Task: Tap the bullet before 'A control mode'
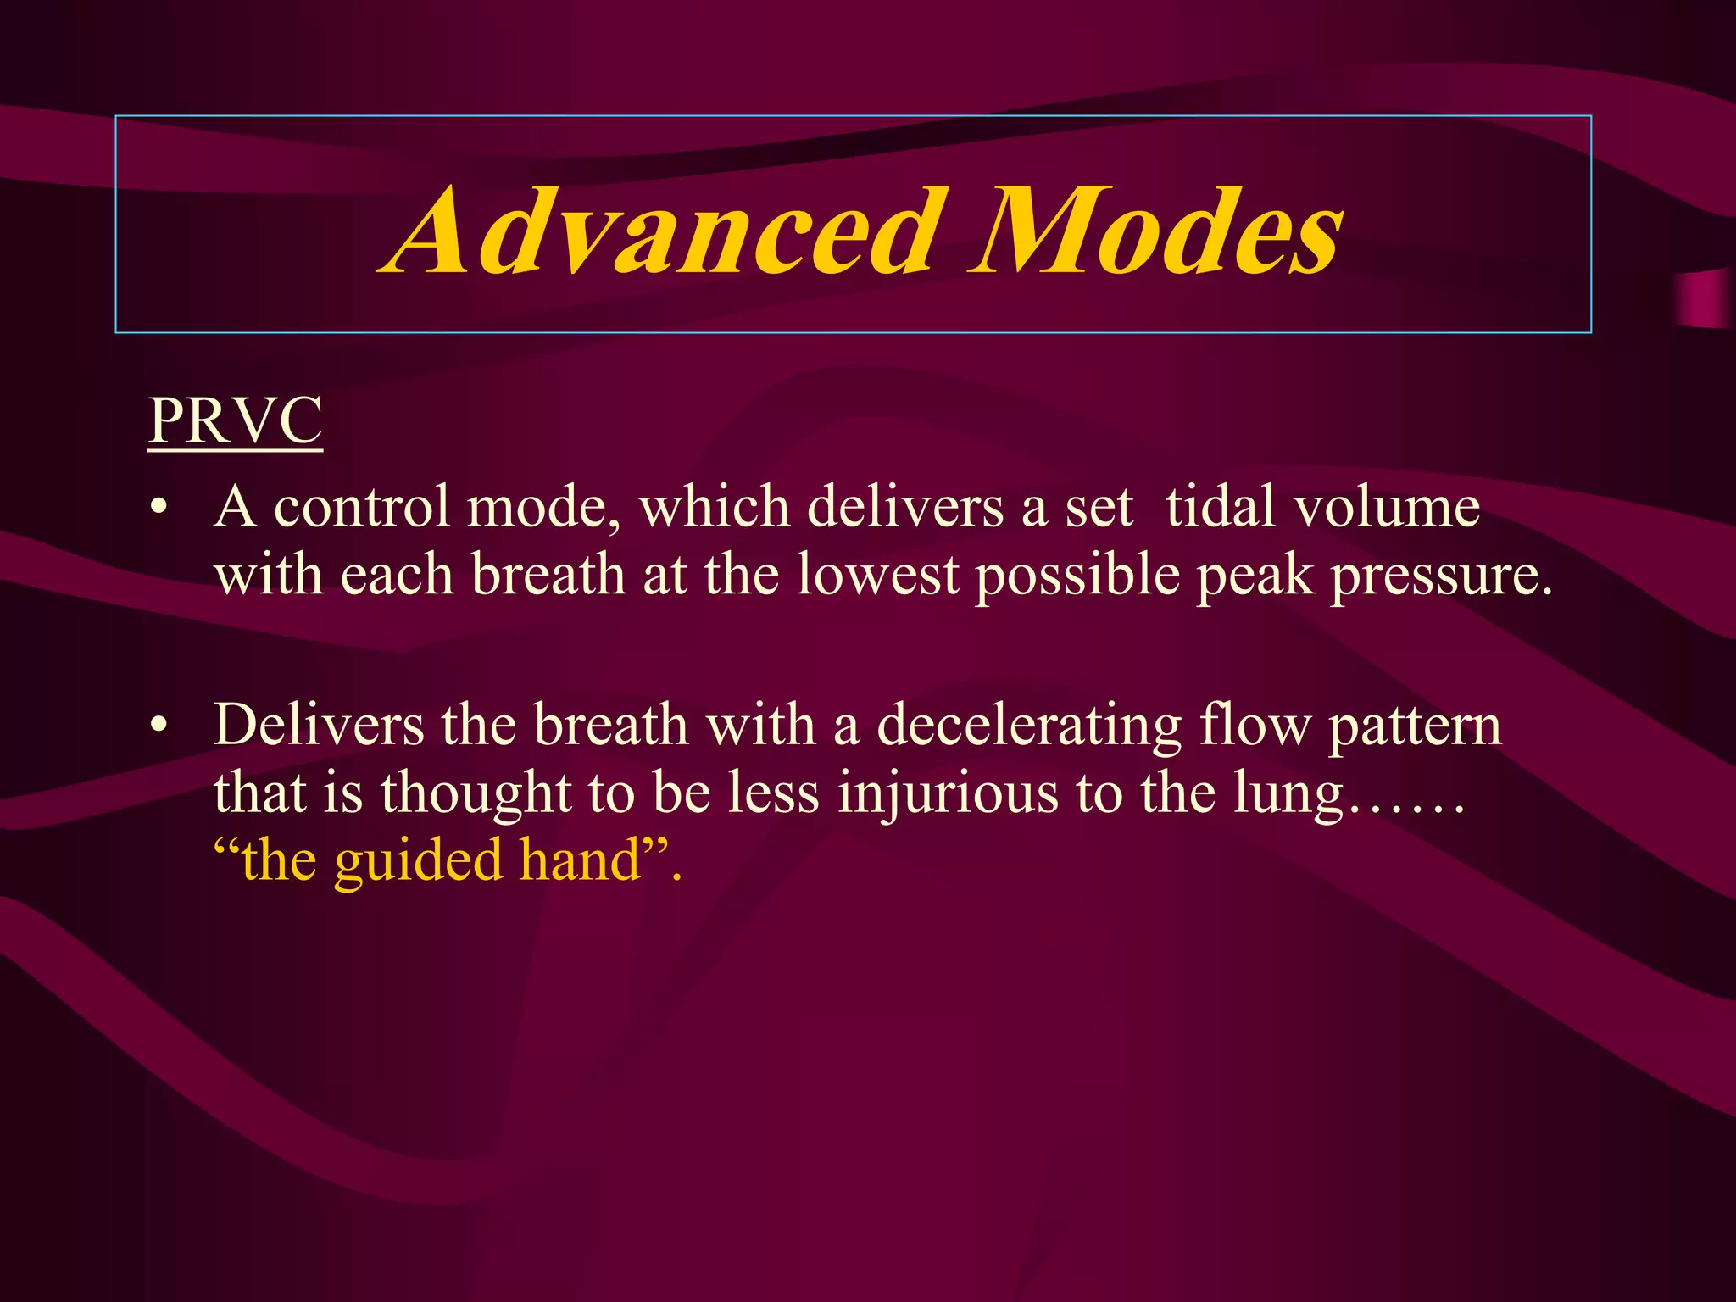click(x=158, y=509)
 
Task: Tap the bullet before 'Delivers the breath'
click(x=158, y=726)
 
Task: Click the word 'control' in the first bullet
click(x=362, y=507)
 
